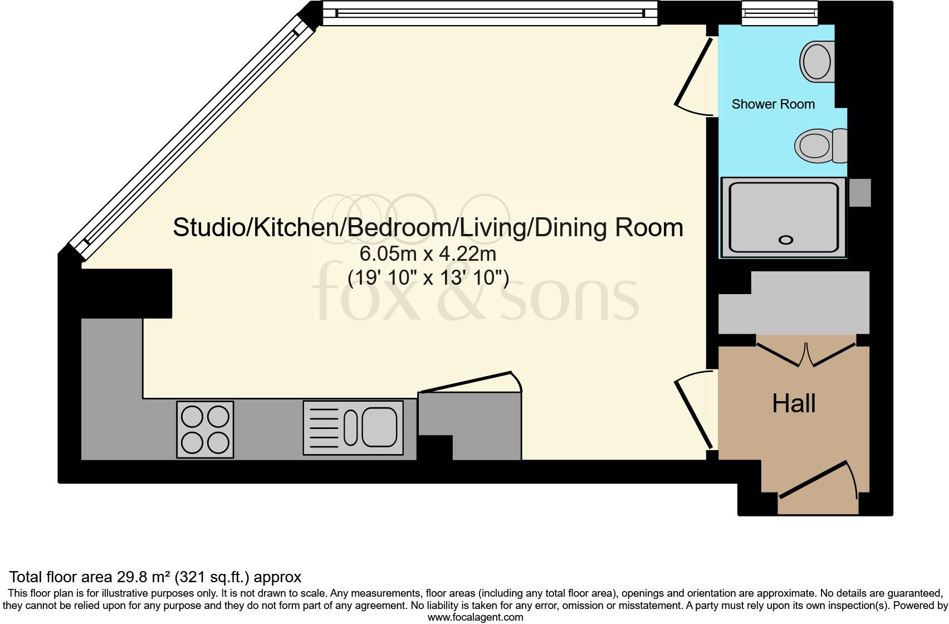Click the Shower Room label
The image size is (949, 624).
tap(773, 104)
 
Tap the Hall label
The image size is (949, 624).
tap(794, 403)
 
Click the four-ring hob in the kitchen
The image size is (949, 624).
tap(205, 430)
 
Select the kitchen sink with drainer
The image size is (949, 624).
tap(353, 428)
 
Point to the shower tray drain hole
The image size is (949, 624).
tap(786, 240)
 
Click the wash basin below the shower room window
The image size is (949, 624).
tap(816, 61)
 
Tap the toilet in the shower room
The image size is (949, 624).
tap(819, 145)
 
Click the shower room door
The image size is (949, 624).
tap(693, 72)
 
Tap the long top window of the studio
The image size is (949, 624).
tap(490, 12)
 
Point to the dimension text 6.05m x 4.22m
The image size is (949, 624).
tap(428, 254)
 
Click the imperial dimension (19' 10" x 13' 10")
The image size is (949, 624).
tap(428, 277)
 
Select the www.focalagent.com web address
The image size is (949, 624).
tap(475, 617)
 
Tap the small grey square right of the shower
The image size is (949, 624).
tap(860, 193)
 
